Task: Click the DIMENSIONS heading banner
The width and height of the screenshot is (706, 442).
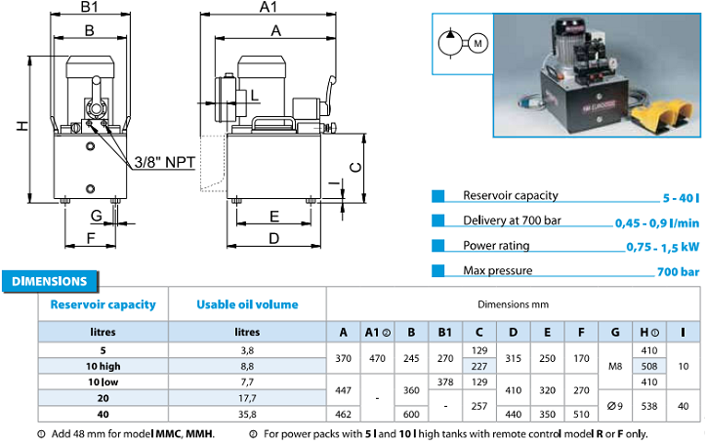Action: [x=50, y=281]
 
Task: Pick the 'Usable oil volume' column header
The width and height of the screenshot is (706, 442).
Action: [x=247, y=304]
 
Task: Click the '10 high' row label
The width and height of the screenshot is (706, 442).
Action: [x=104, y=366]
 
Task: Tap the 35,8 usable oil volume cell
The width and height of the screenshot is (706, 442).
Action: [x=247, y=414]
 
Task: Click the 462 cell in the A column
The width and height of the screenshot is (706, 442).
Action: [x=343, y=414]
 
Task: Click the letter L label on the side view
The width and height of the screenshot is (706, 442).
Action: [x=255, y=96]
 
